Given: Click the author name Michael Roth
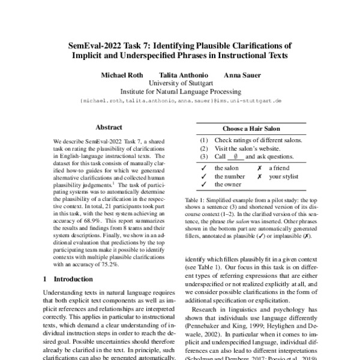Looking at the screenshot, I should (x=121, y=75).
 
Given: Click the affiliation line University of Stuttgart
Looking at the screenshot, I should (x=180, y=83).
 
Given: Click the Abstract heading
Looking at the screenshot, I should (x=109, y=127).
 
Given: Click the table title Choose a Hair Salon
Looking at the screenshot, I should (x=253, y=128).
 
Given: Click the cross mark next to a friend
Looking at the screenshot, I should (x=259, y=169).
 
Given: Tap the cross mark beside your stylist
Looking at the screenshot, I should (x=259, y=177).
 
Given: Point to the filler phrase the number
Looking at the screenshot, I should (x=228, y=177).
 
